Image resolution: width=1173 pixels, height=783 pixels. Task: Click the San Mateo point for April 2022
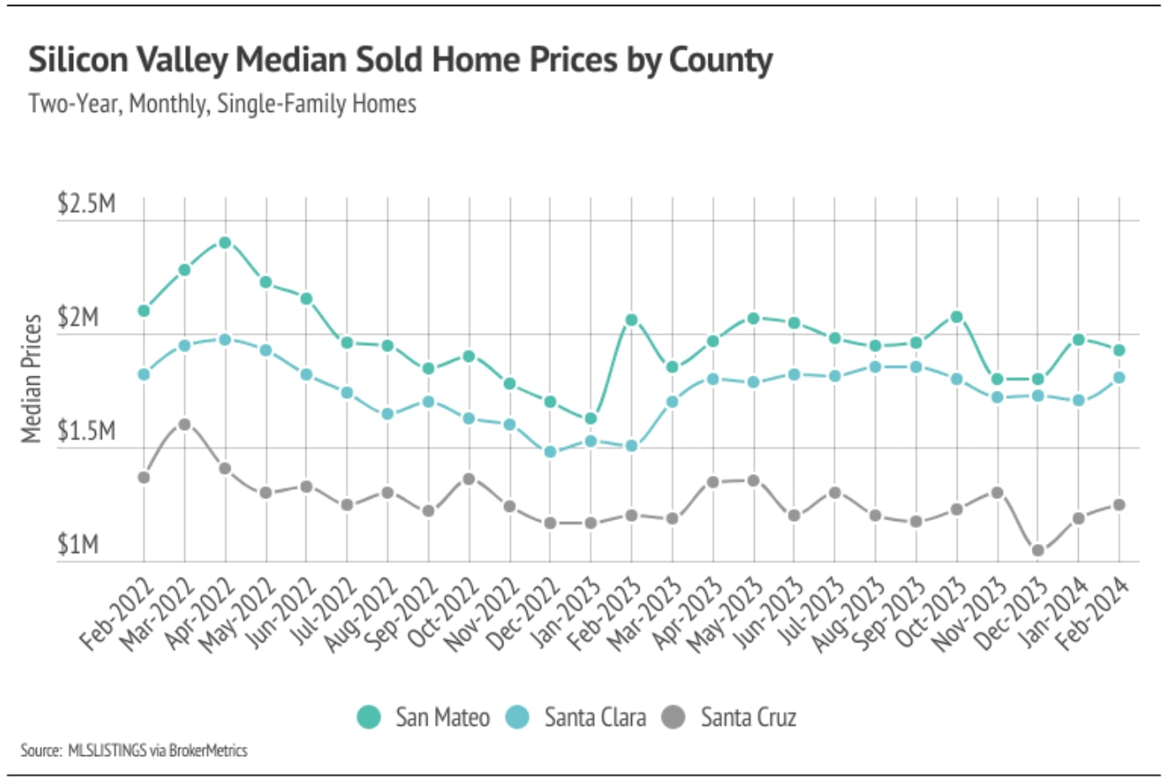tap(225, 242)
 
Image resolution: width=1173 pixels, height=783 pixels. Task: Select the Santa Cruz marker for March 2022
tap(184, 424)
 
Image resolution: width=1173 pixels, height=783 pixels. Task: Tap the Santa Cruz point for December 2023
tap(1038, 551)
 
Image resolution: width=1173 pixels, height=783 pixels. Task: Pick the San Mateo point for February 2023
tap(631, 320)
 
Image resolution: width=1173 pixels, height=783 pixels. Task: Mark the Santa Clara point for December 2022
tap(550, 452)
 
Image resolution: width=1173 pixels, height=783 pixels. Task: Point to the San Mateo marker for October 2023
tap(957, 317)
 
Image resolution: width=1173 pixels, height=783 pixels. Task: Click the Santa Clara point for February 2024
tap(1119, 378)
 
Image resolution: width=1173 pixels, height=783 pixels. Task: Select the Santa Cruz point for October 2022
tap(469, 479)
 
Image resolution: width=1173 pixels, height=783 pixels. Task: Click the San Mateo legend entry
tap(424, 717)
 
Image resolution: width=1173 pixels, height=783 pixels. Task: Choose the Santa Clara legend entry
tap(577, 717)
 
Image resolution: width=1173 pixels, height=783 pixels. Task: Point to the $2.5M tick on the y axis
tap(86, 204)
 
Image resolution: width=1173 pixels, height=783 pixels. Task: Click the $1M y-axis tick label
tap(77, 545)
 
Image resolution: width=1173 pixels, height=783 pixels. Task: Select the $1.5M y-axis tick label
tap(86, 431)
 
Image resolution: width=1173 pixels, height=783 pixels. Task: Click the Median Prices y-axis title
tap(31, 378)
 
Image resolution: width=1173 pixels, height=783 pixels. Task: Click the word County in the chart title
tap(720, 61)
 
